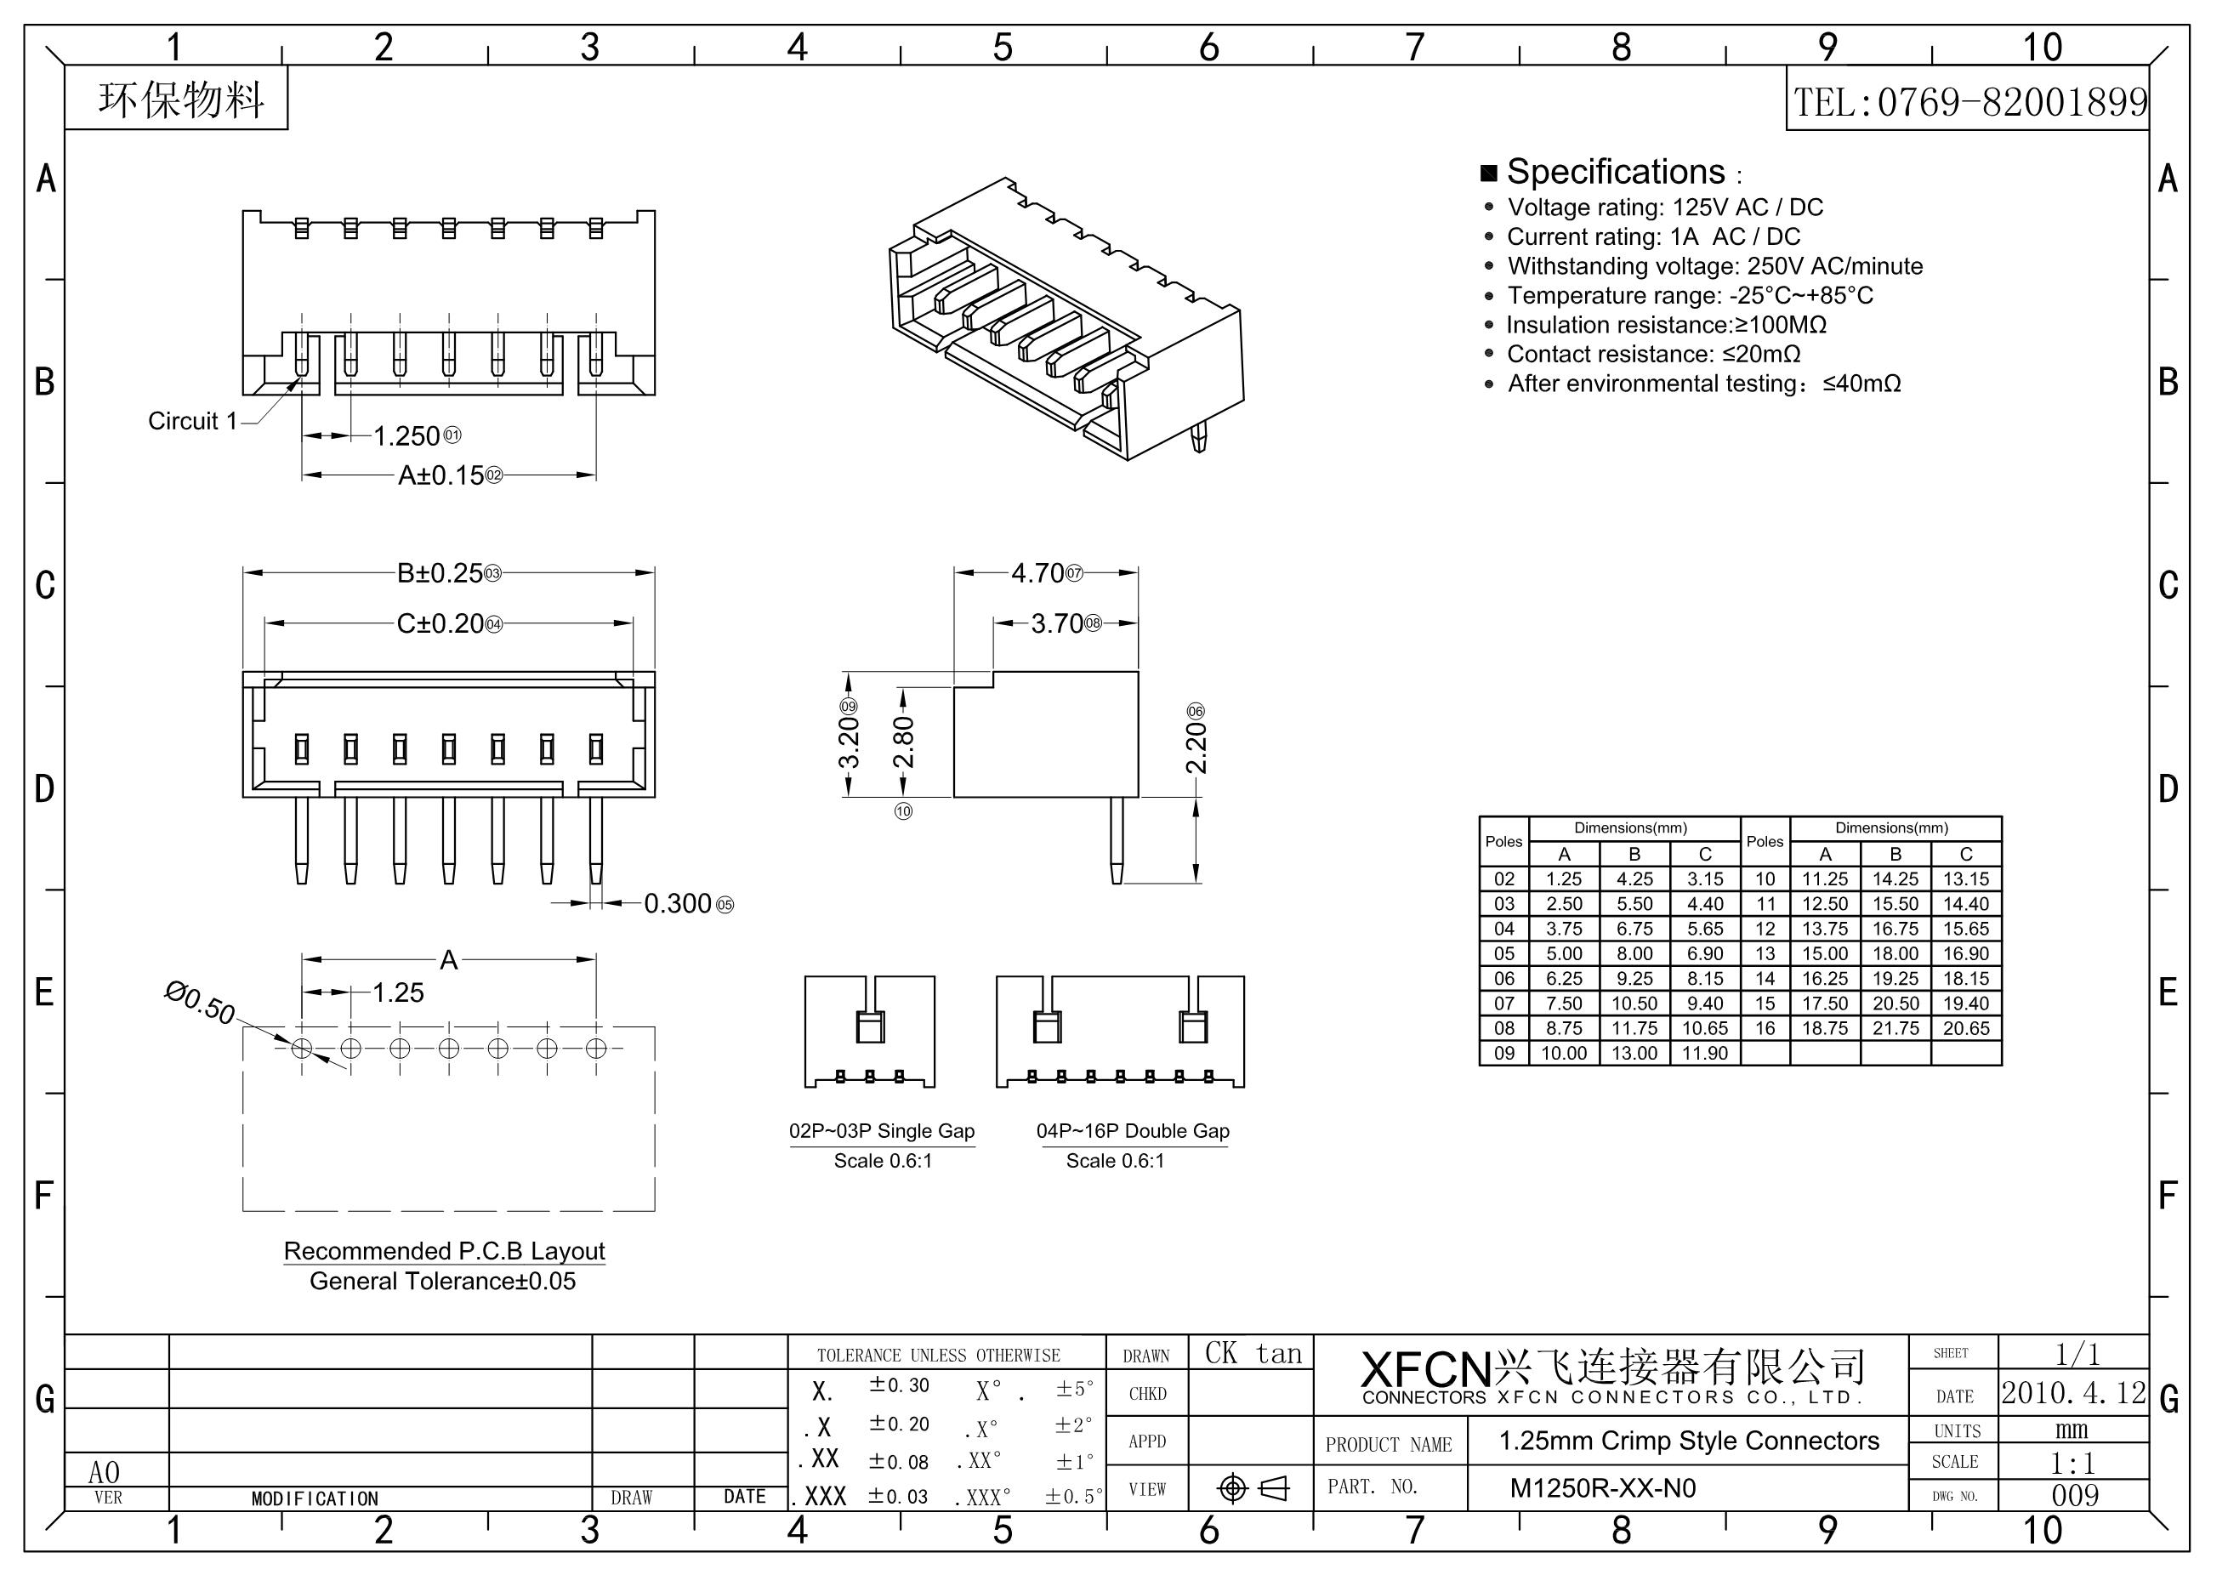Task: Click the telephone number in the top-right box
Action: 1969,102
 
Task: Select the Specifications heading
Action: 1615,172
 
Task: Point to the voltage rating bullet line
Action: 1664,208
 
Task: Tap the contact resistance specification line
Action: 1652,355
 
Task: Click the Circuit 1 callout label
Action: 192,421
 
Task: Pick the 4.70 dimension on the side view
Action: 1037,573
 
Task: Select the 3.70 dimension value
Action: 1057,623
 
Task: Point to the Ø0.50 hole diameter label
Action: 200,1004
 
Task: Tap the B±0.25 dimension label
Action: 440,573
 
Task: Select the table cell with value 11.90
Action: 1705,1053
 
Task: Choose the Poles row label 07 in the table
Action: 1504,1004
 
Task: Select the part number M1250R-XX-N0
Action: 1602,1488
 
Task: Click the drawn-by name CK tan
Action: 1253,1354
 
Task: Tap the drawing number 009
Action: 2075,1495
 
